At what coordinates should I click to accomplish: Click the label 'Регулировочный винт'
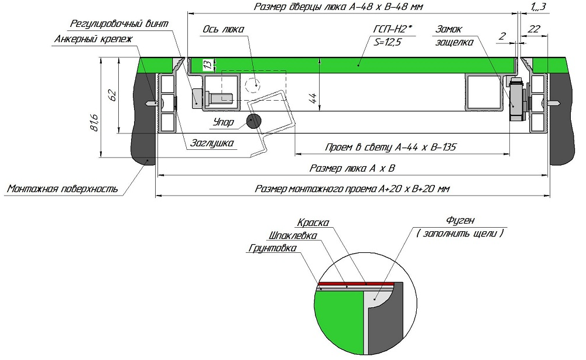119,24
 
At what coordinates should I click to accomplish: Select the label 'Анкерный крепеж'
94,39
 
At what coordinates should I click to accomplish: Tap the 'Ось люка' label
223,29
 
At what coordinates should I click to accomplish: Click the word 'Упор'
223,123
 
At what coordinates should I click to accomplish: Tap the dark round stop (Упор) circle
254,121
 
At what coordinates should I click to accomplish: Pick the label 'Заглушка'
211,143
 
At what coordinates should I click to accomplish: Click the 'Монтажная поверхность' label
63,189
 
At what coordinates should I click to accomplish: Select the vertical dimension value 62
114,95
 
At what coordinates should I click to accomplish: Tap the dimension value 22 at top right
534,29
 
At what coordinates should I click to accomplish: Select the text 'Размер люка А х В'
352,169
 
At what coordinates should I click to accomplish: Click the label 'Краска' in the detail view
313,223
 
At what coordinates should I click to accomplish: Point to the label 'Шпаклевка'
292,236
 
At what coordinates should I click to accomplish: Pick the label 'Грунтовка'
272,248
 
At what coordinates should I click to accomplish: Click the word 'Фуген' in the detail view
460,221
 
